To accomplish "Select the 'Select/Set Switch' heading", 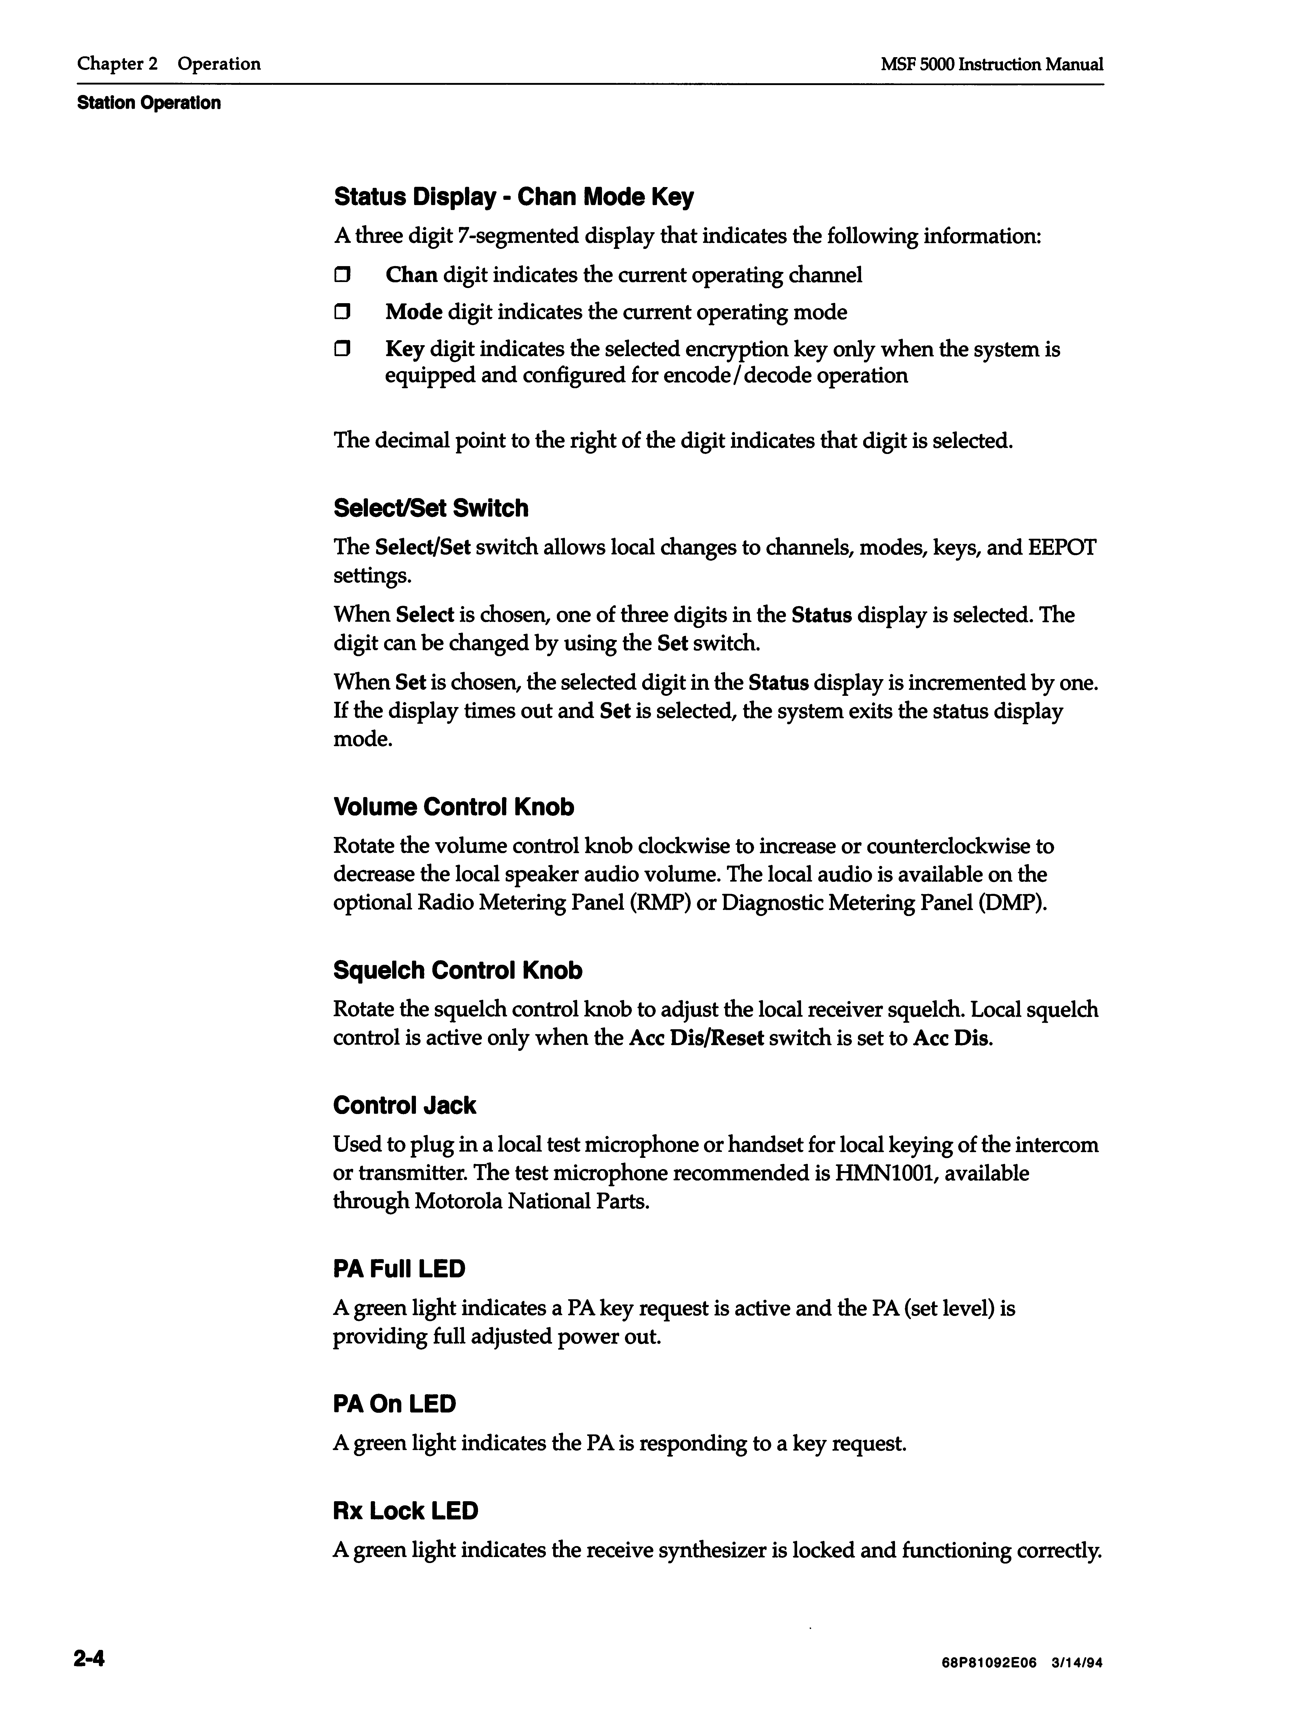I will [431, 509].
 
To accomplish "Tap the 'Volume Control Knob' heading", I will [453, 807].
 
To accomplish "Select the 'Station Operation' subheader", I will [148, 103].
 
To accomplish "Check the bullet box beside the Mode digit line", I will [342, 313].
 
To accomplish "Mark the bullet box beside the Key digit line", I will [342, 349].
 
